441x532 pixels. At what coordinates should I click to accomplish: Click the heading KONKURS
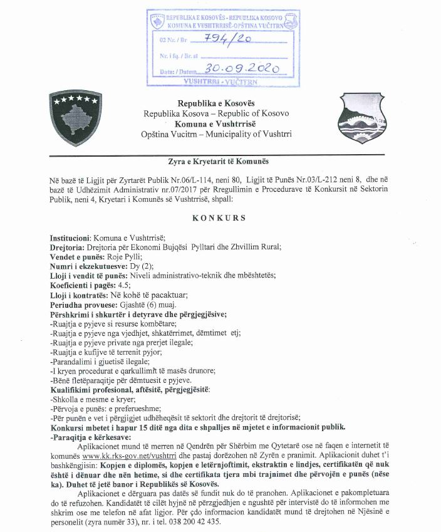pos(220,218)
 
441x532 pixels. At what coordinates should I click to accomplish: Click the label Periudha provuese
pos(81,304)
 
